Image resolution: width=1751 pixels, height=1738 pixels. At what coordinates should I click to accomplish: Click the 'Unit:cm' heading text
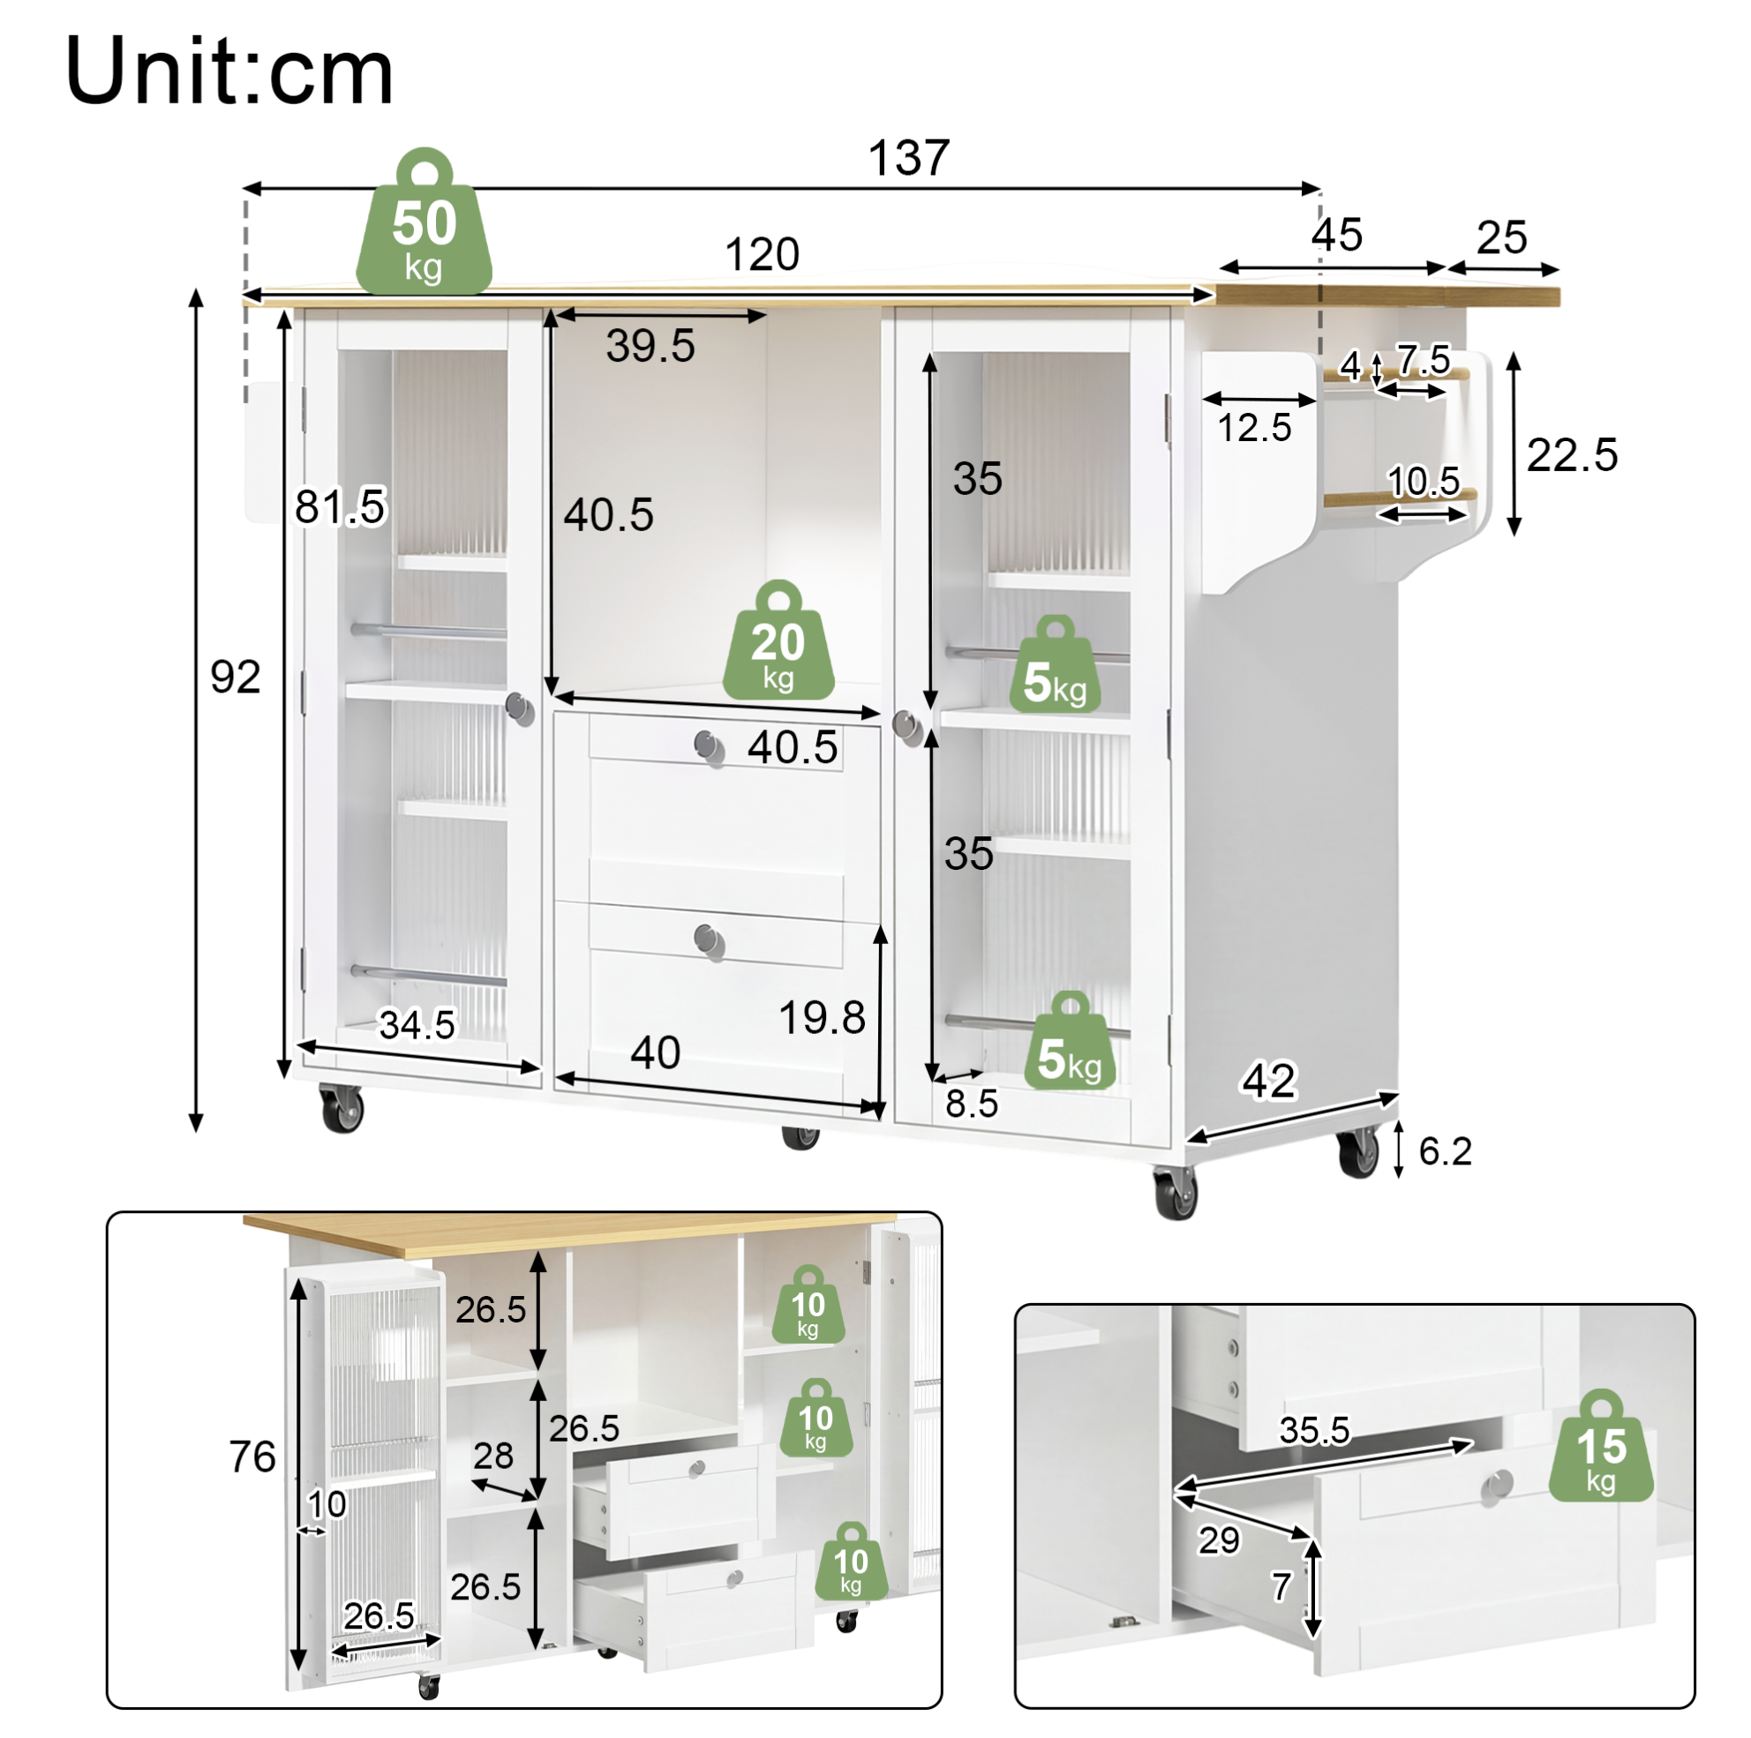[229, 72]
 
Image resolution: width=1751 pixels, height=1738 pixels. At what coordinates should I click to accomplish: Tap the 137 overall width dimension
[909, 158]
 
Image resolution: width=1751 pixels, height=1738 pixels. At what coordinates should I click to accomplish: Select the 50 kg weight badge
[425, 222]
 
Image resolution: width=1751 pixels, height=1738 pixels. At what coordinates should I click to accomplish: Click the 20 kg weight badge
[778, 641]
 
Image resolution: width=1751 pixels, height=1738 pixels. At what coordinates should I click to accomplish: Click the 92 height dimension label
[236, 677]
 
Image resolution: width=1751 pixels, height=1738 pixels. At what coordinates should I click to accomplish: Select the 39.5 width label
[650, 346]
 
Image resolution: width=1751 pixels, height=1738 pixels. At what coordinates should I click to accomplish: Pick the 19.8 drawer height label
[822, 1017]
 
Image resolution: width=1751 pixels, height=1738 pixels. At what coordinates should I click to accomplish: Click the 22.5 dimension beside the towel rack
[1573, 455]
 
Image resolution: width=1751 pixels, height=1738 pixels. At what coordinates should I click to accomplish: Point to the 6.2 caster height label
[1446, 1151]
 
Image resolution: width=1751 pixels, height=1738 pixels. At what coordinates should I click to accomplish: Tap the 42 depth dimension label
[1269, 1080]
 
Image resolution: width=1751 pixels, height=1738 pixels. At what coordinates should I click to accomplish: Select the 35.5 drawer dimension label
[1315, 1431]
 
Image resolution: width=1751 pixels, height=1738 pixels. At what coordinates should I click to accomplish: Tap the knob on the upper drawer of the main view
[709, 747]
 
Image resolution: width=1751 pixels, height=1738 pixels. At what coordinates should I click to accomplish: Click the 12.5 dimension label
[1254, 429]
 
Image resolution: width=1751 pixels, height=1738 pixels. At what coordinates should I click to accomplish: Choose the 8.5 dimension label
[972, 1104]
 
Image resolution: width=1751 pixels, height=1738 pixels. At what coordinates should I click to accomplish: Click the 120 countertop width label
[763, 255]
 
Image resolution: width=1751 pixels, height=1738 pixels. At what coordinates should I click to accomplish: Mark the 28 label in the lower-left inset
[493, 1457]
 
